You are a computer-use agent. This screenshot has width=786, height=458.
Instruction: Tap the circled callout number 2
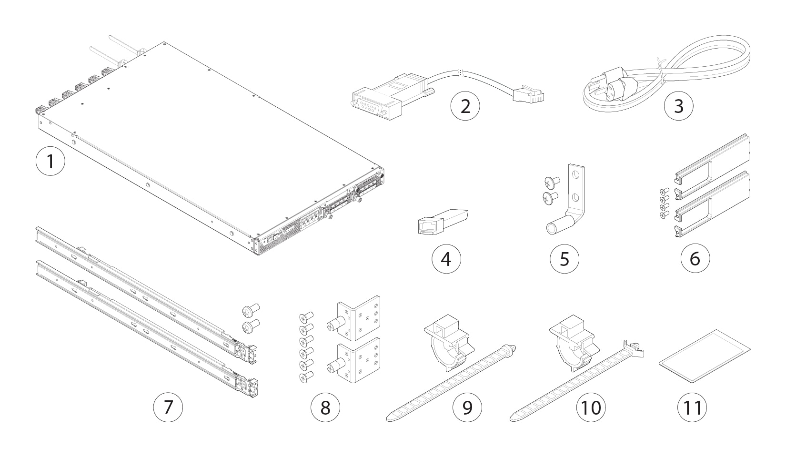coord(465,106)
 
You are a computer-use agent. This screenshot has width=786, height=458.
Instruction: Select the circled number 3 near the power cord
coord(678,106)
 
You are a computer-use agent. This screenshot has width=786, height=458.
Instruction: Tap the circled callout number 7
coord(168,407)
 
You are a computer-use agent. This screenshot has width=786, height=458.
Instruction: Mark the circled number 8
coord(325,407)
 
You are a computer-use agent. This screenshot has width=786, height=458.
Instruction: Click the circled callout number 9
coord(467,407)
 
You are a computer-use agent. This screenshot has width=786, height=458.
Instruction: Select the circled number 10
coord(591,407)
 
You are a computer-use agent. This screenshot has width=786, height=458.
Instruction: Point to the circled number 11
coord(692,407)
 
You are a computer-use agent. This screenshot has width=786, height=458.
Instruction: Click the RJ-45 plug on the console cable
coord(529,93)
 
